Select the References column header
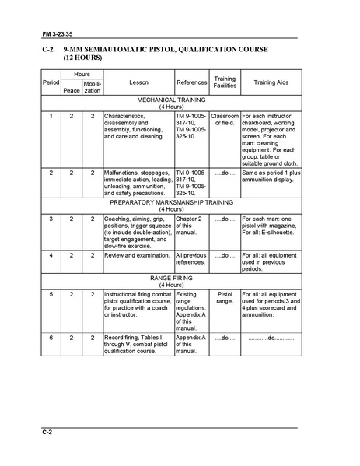point(191,81)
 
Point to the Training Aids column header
point(269,81)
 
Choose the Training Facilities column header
point(225,81)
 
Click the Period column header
point(51,81)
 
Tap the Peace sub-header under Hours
point(71,90)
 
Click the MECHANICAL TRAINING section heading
point(171,100)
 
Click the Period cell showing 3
point(51,219)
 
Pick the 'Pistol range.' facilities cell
point(225,299)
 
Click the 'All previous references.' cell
point(191,258)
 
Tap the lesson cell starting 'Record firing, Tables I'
point(138,345)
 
